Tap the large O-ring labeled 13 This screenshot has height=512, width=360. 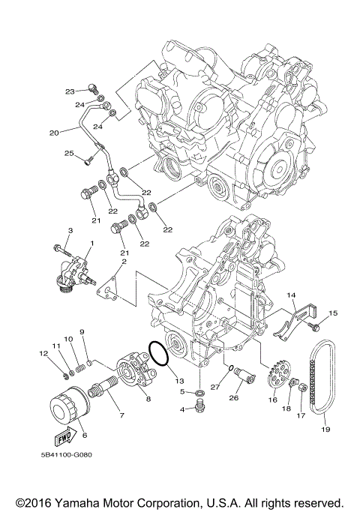159,354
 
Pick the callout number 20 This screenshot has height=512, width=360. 54,133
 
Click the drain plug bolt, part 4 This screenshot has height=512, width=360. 199,407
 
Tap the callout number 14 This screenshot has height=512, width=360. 291,295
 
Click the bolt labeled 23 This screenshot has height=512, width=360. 93,88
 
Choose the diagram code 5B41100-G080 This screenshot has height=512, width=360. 66,454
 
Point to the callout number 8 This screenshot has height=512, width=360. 148,399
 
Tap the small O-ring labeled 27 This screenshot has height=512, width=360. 231,368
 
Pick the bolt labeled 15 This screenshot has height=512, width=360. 314,327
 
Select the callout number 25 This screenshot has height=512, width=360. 69,153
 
